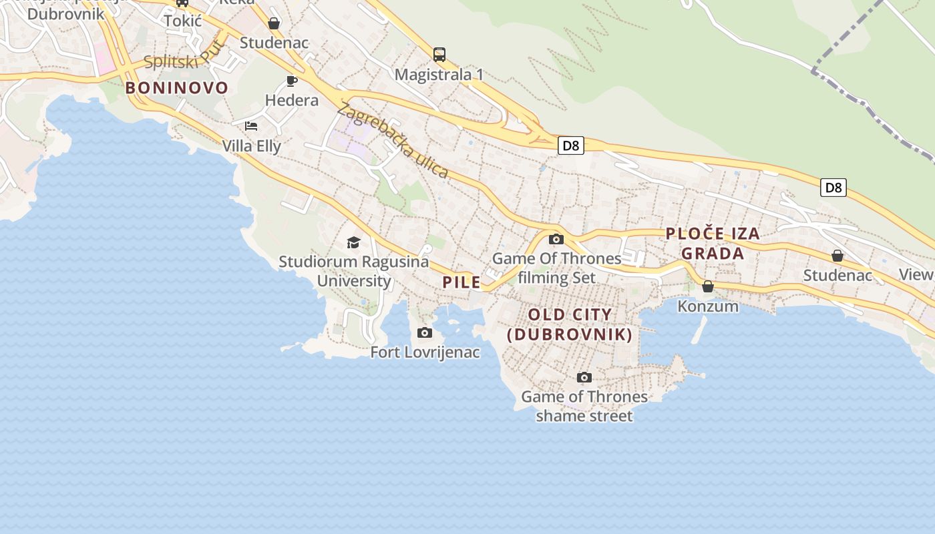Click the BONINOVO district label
[177, 87]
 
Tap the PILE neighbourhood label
[461, 282]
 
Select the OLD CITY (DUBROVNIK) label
[570, 324]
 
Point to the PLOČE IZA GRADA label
[713, 243]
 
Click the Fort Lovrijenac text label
[425, 352]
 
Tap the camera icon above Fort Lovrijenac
[424, 332]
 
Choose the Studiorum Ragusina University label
[354, 271]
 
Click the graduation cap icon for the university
[353, 242]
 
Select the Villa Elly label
[252, 146]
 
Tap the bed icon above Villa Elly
[251, 125]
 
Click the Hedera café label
[292, 100]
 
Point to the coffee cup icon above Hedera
[291, 81]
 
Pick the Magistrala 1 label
[439, 74]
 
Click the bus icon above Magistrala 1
[439, 54]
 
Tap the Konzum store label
[708, 306]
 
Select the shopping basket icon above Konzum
[708, 286]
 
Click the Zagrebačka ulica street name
[393, 140]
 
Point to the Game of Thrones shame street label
[584, 406]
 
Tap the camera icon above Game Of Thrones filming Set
[556, 239]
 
